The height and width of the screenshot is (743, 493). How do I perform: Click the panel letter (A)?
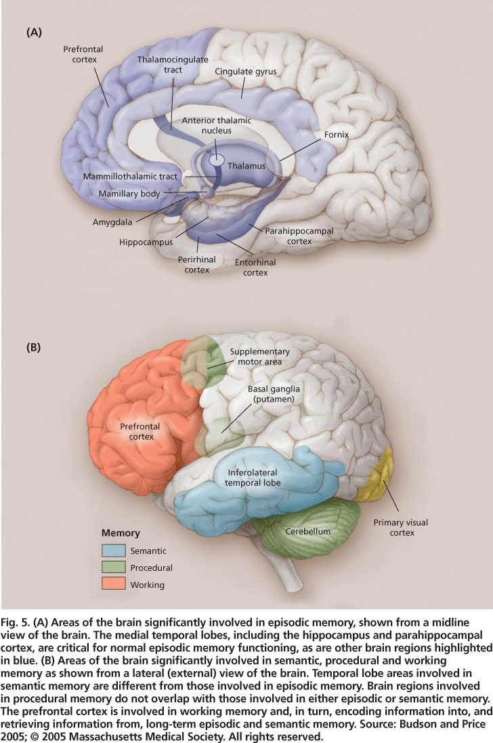[x=35, y=32]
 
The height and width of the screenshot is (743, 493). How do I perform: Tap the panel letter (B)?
[x=34, y=348]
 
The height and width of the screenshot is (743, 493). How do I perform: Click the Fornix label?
[x=336, y=135]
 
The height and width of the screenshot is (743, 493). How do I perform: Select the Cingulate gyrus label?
[x=246, y=71]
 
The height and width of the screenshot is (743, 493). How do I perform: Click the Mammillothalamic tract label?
[x=131, y=177]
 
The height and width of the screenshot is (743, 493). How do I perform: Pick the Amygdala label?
[x=113, y=221]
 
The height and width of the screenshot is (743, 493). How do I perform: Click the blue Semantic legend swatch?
[x=113, y=551]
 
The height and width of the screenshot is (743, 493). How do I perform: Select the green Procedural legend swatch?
[x=113, y=568]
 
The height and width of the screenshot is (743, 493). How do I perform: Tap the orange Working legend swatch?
[x=113, y=585]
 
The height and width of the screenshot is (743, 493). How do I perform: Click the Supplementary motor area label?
[x=259, y=356]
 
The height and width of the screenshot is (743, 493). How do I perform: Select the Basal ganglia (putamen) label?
[x=274, y=394]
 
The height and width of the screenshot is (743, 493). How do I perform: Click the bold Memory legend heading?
[x=121, y=534]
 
